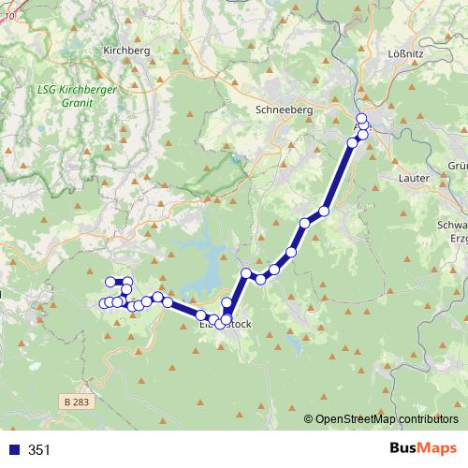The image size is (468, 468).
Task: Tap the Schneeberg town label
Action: pos(283,110)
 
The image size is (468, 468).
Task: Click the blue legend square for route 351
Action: pos(13,450)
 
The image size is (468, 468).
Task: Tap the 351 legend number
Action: pos(40,450)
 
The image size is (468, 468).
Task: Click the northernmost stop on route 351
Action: pos(361,117)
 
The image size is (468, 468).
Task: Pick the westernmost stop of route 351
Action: pos(103,302)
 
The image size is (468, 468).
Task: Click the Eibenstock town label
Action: pos(226,325)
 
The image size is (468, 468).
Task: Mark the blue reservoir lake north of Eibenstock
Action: pos(208,281)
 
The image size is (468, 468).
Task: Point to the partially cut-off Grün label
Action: pos(457,166)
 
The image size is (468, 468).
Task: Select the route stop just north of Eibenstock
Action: pos(227,302)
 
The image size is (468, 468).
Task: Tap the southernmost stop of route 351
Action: pos(220,324)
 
